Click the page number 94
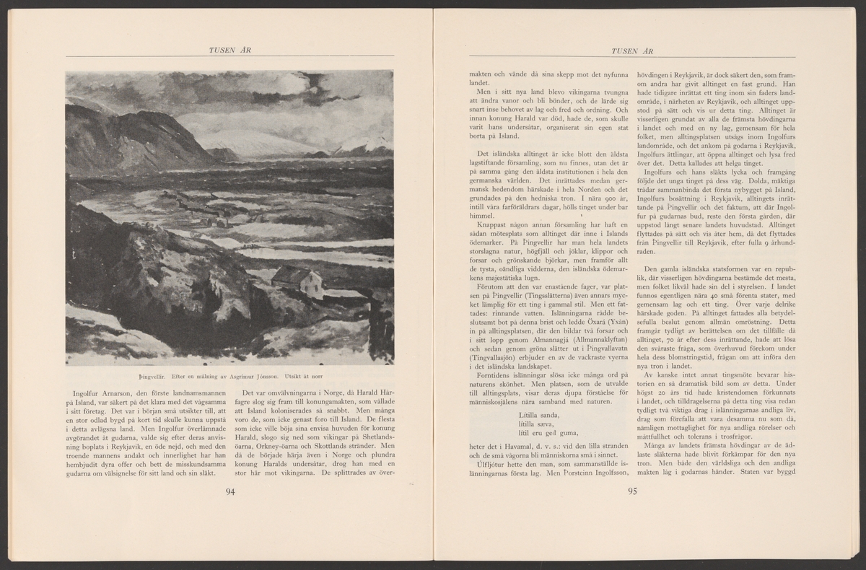[x=230, y=492]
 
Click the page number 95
[x=633, y=492]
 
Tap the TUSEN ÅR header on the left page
[x=229, y=50]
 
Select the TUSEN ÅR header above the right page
[x=632, y=50]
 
